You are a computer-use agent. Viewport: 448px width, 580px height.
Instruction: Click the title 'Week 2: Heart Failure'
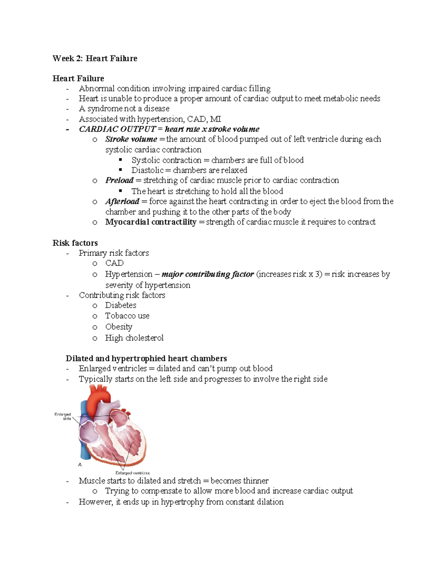point(95,58)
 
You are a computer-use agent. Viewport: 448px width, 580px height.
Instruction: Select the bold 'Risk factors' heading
point(75,243)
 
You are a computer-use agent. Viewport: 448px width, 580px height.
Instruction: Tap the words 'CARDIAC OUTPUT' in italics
point(117,129)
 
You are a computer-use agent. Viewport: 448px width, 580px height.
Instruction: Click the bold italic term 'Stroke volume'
point(131,139)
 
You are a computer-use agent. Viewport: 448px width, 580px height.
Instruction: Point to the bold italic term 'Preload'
point(119,180)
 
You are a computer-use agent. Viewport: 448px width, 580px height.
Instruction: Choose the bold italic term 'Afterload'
point(122,201)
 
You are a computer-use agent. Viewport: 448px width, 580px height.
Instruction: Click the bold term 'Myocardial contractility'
point(150,222)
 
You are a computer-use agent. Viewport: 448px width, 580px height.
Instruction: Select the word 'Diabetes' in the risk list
point(121,305)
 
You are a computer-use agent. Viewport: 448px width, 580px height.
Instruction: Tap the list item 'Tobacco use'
point(127,316)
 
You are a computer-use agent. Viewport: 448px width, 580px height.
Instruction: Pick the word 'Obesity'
point(119,327)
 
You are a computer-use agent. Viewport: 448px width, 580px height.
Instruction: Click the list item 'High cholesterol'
point(134,338)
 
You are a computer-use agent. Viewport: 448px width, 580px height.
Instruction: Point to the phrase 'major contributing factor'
point(208,274)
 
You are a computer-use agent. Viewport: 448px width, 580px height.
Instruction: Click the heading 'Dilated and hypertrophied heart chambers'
point(146,359)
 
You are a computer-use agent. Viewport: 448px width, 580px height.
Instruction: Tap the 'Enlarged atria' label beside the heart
point(63,416)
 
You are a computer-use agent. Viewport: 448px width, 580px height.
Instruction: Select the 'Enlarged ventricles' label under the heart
point(133,473)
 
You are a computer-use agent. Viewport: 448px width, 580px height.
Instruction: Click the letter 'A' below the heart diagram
point(80,465)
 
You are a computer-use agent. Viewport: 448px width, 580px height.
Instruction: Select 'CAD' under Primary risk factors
point(114,263)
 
